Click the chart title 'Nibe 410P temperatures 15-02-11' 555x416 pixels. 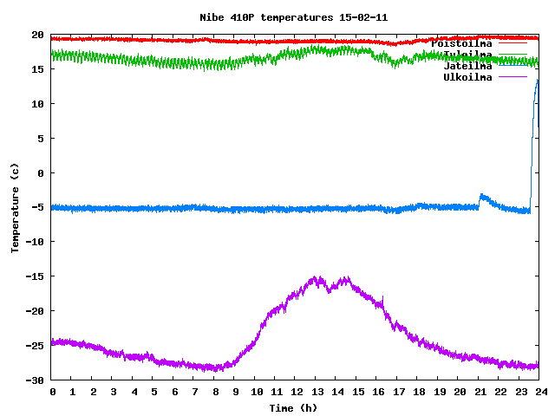coord(294,17)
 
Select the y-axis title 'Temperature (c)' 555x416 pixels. coord(15,207)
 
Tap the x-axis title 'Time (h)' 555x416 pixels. coord(294,407)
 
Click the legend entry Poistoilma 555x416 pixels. coord(461,43)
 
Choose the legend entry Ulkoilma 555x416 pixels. coord(467,77)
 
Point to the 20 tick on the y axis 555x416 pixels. coord(38,35)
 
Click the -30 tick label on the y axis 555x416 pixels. coord(35,380)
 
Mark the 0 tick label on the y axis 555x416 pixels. coord(41,172)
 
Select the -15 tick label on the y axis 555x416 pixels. coord(35,276)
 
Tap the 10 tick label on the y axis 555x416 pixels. coord(38,104)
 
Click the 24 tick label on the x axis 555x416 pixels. coord(539,393)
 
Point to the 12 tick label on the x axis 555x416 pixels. coord(295,393)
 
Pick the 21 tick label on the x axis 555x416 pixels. coord(478,393)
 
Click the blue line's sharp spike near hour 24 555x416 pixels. coord(538,81)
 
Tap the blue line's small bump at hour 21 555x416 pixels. coord(482,196)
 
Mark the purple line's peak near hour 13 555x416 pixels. coord(317,278)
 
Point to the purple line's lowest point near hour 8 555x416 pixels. coord(217,369)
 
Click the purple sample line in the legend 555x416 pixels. coord(512,77)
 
